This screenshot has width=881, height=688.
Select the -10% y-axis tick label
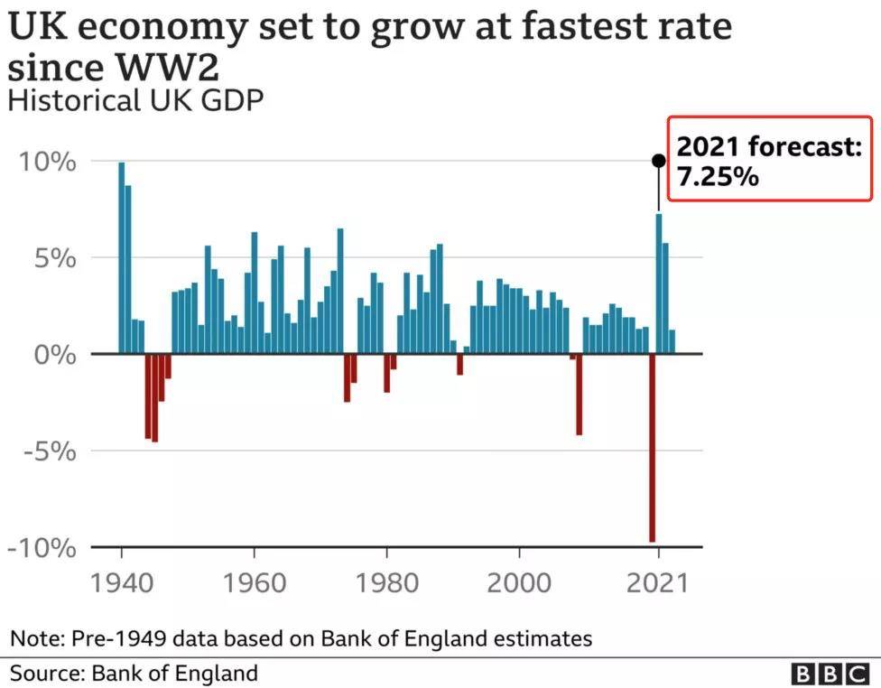[x=40, y=548]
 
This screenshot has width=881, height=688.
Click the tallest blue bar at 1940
[x=122, y=257]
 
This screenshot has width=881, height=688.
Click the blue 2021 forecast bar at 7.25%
[x=659, y=284]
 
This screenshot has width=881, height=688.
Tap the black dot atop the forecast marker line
[x=659, y=161]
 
